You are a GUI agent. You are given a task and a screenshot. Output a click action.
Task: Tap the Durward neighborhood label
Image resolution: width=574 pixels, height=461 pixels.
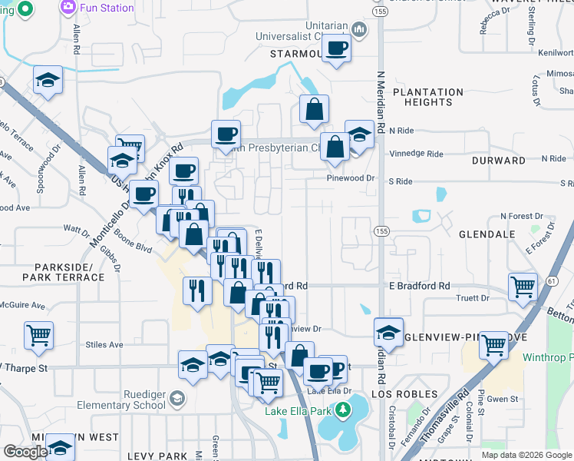tap(499, 161)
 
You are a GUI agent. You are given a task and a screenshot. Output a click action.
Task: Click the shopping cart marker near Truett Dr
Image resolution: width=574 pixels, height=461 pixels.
tap(523, 287)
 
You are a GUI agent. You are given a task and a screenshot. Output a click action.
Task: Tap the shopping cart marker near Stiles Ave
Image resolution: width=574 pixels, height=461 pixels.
tap(38, 335)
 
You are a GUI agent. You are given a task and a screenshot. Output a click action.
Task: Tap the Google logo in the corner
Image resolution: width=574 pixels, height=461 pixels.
tap(25, 452)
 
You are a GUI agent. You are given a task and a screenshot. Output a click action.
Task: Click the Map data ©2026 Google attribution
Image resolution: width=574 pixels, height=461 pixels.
tap(526, 455)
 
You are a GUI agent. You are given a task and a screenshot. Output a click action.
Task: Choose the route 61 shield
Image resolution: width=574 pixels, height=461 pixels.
tap(552, 283)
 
